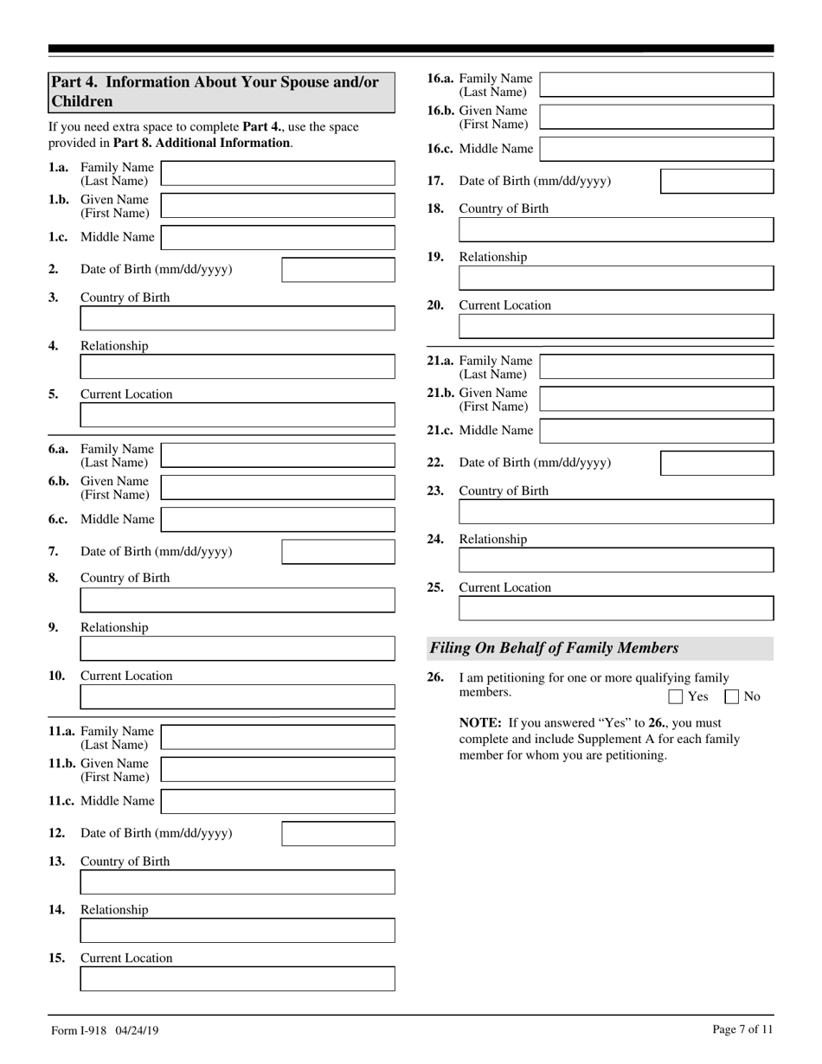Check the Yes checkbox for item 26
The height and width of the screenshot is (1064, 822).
coord(676,696)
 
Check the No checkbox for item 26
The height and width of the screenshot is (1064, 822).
coord(731,696)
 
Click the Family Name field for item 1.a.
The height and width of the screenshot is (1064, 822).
coord(278,174)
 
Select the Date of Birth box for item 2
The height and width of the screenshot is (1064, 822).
coord(338,270)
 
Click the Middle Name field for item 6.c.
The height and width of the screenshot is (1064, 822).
coord(278,520)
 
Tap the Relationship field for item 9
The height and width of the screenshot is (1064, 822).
coord(237,649)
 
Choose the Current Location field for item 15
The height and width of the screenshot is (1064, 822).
coord(237,979)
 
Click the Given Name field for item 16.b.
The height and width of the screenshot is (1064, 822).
coord(656,117)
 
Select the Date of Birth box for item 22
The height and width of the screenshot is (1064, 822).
coord(716,463)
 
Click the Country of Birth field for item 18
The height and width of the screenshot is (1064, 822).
coord(615,230)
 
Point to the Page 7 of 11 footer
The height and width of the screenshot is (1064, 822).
coord(742,1029)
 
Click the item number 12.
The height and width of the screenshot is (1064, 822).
coord(57,833)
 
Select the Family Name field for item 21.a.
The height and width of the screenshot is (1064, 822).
coord(656,367)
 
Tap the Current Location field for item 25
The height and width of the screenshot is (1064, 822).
coord(615,609)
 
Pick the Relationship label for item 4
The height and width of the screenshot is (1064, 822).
coord(114,346)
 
